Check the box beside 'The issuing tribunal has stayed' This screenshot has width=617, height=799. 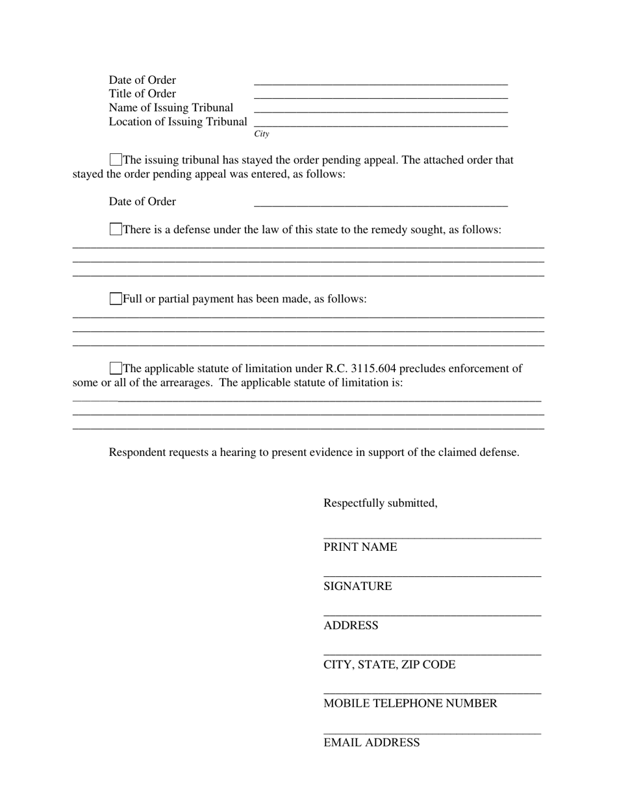[x=116, y=160]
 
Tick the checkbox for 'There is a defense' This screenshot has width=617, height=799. [x=116, y=229]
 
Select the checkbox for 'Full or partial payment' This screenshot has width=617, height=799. [x=116, y=299]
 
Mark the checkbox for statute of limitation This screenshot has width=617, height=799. [x=116, y=368]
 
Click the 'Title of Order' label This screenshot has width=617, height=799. [x=142, y=94]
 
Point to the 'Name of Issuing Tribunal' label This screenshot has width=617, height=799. [x=171, y=108]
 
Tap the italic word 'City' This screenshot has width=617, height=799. [x=262, y=134]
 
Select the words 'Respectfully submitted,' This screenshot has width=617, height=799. [x=381, y=503]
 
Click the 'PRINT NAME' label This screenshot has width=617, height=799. [x=360, y=547]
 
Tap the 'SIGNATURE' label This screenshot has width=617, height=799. [x=358, y=586]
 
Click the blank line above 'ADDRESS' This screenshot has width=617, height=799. [x=432, y=614]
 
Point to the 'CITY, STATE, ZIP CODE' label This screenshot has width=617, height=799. [x=390, y=665]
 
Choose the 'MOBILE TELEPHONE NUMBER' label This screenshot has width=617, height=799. [x=410, y=704]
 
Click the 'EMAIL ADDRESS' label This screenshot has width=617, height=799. [x=371, y=742]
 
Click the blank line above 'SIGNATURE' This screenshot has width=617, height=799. [x=432, y=575]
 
